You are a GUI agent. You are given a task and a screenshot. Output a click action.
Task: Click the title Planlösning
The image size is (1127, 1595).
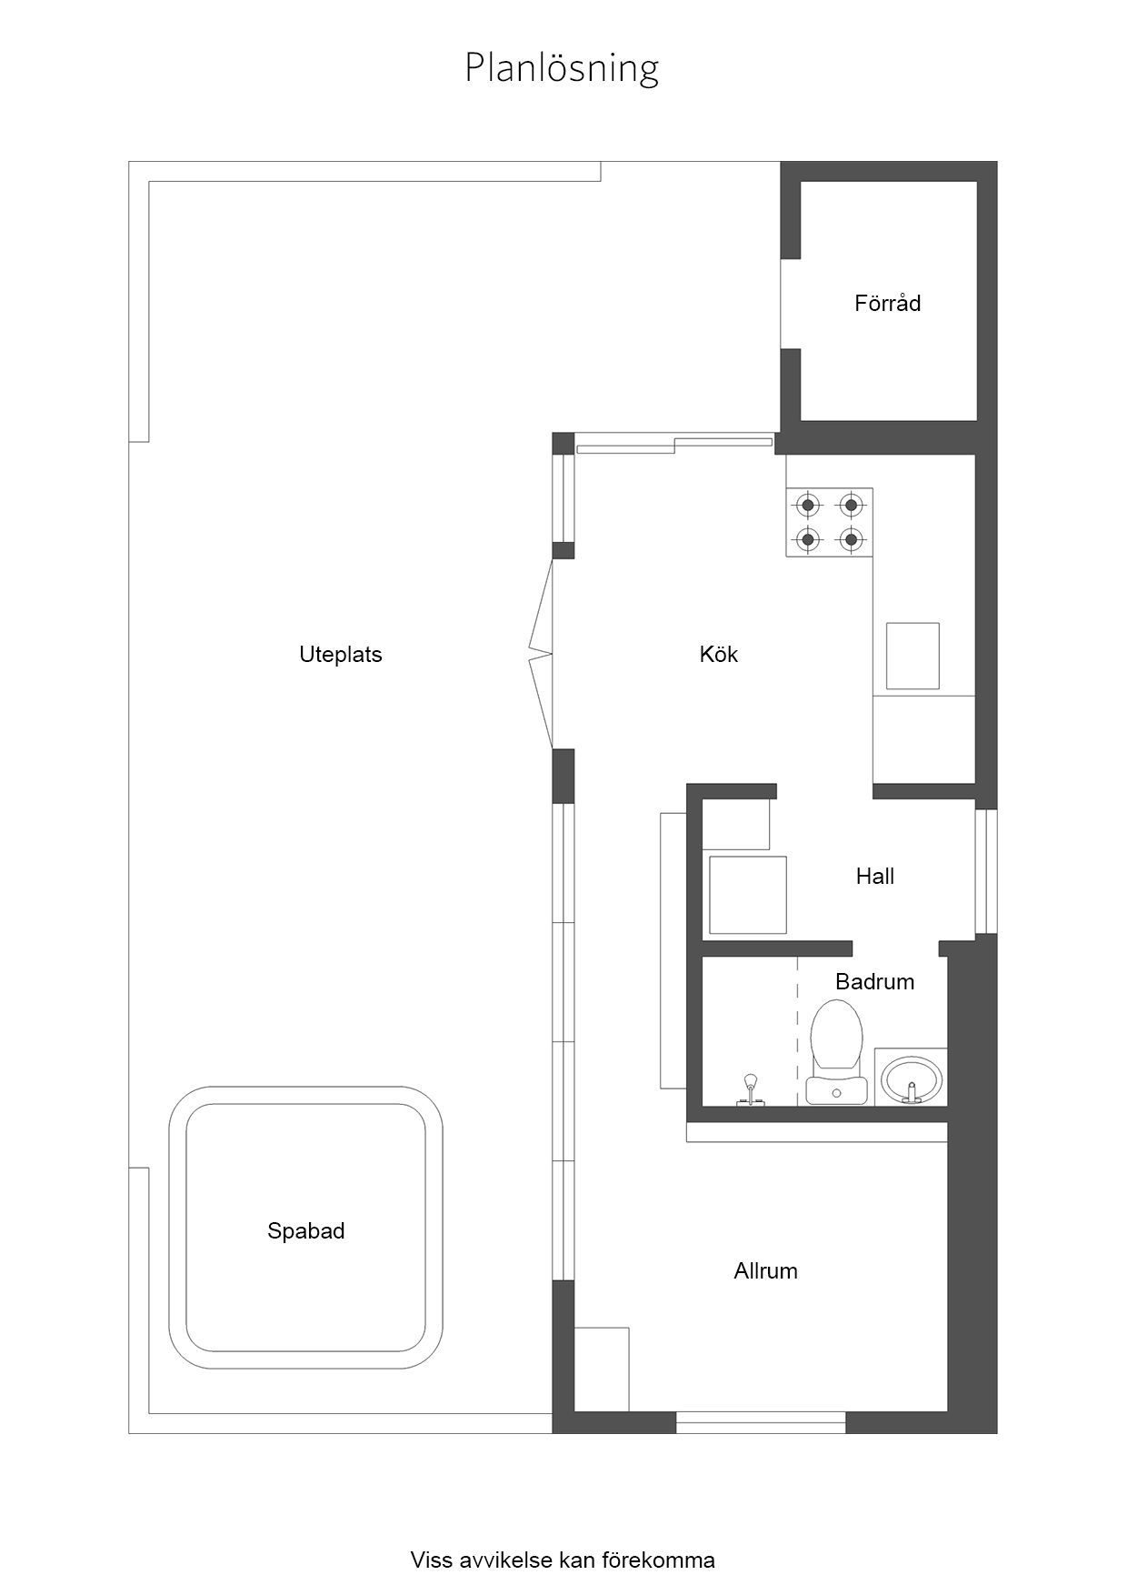pos(562,69)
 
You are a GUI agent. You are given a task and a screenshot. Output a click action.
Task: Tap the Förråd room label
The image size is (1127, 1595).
pos(887,303)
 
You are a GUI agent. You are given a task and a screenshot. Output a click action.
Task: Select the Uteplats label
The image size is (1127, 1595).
pos(341,655)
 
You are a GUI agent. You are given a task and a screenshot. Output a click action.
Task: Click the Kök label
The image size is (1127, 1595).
pos(719,654)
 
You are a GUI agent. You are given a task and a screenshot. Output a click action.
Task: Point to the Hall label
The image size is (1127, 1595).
pos(875,876)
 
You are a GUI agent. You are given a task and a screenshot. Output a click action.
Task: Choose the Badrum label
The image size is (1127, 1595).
pos(874,981)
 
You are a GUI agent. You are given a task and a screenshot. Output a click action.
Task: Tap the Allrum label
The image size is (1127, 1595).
pos(765,1270)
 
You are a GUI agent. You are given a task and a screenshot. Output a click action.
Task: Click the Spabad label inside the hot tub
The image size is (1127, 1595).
pos(305,1231)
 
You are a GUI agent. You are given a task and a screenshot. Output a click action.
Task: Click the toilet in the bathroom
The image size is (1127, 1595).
pos(835,1050)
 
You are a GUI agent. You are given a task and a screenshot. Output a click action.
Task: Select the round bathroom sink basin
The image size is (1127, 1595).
pos(912,1078)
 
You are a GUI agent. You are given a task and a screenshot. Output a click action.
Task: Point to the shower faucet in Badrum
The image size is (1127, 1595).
pos(750,1089)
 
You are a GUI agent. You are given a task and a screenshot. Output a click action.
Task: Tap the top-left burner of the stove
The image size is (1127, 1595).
pos(807,505)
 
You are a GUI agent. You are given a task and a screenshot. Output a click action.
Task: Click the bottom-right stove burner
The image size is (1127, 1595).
pos(851,539)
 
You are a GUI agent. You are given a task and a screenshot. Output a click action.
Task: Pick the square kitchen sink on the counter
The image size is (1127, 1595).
pos(913,657)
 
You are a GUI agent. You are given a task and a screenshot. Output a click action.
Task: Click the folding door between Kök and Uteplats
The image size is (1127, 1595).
pos(542,653)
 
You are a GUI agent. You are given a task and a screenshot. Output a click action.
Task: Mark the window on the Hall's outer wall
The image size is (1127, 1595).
pos(986,871)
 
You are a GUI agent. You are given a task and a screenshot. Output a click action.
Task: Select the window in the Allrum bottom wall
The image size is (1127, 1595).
pos(761,1422)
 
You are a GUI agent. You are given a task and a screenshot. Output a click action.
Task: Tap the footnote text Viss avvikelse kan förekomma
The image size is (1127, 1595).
pos(563,1560)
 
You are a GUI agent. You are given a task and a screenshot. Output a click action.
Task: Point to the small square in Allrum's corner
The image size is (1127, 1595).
pos(602,1369)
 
